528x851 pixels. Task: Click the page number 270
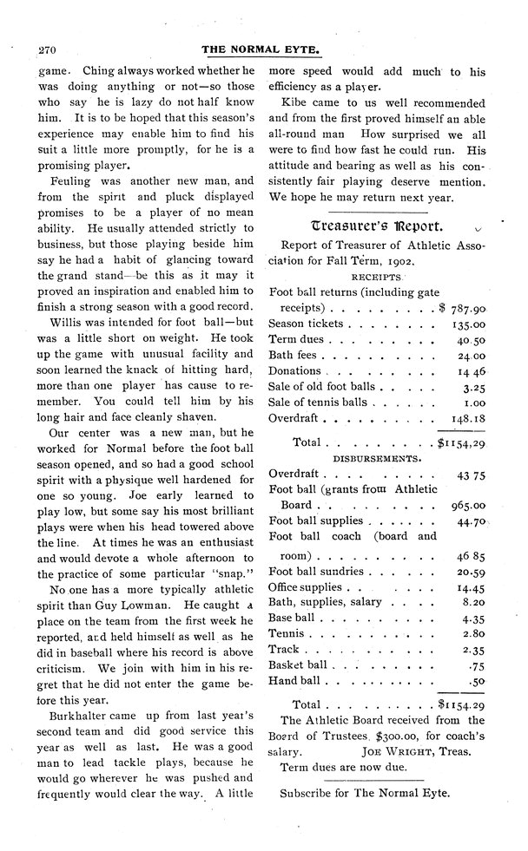point(43,49)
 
